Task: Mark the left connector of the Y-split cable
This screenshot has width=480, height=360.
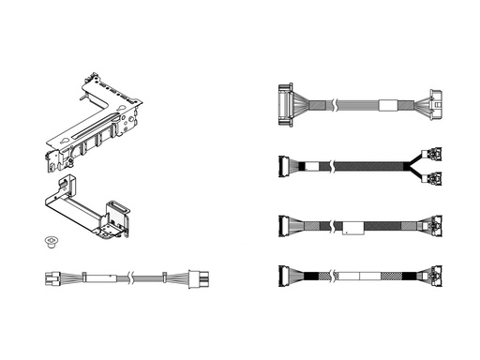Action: click(x=285, y=166)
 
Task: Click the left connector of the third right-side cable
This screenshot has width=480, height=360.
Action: click(x=286, y=225)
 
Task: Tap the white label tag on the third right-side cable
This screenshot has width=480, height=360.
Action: click(x=352, y=226)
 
